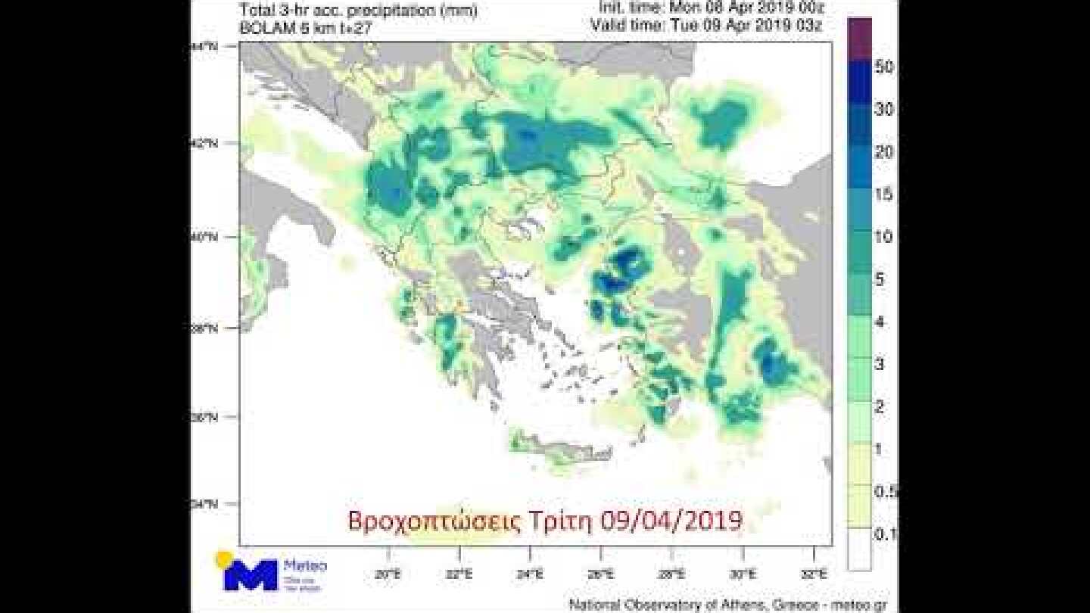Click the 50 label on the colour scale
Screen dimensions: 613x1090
click(x=884, y=67)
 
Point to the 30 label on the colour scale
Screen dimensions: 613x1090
click(x=884, y=110)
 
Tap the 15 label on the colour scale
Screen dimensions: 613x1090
click(x=884, y=194)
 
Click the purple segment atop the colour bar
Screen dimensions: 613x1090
click(x=859, y=39)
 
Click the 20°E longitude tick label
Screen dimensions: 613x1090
click(x=387, y=574)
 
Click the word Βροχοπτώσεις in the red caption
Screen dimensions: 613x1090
click(x=434, y=521)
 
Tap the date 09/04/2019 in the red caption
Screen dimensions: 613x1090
click(x=671, y=521)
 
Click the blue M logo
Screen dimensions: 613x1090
click(x=250, y=575)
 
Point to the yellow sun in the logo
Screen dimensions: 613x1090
click(x=223, y=559)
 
